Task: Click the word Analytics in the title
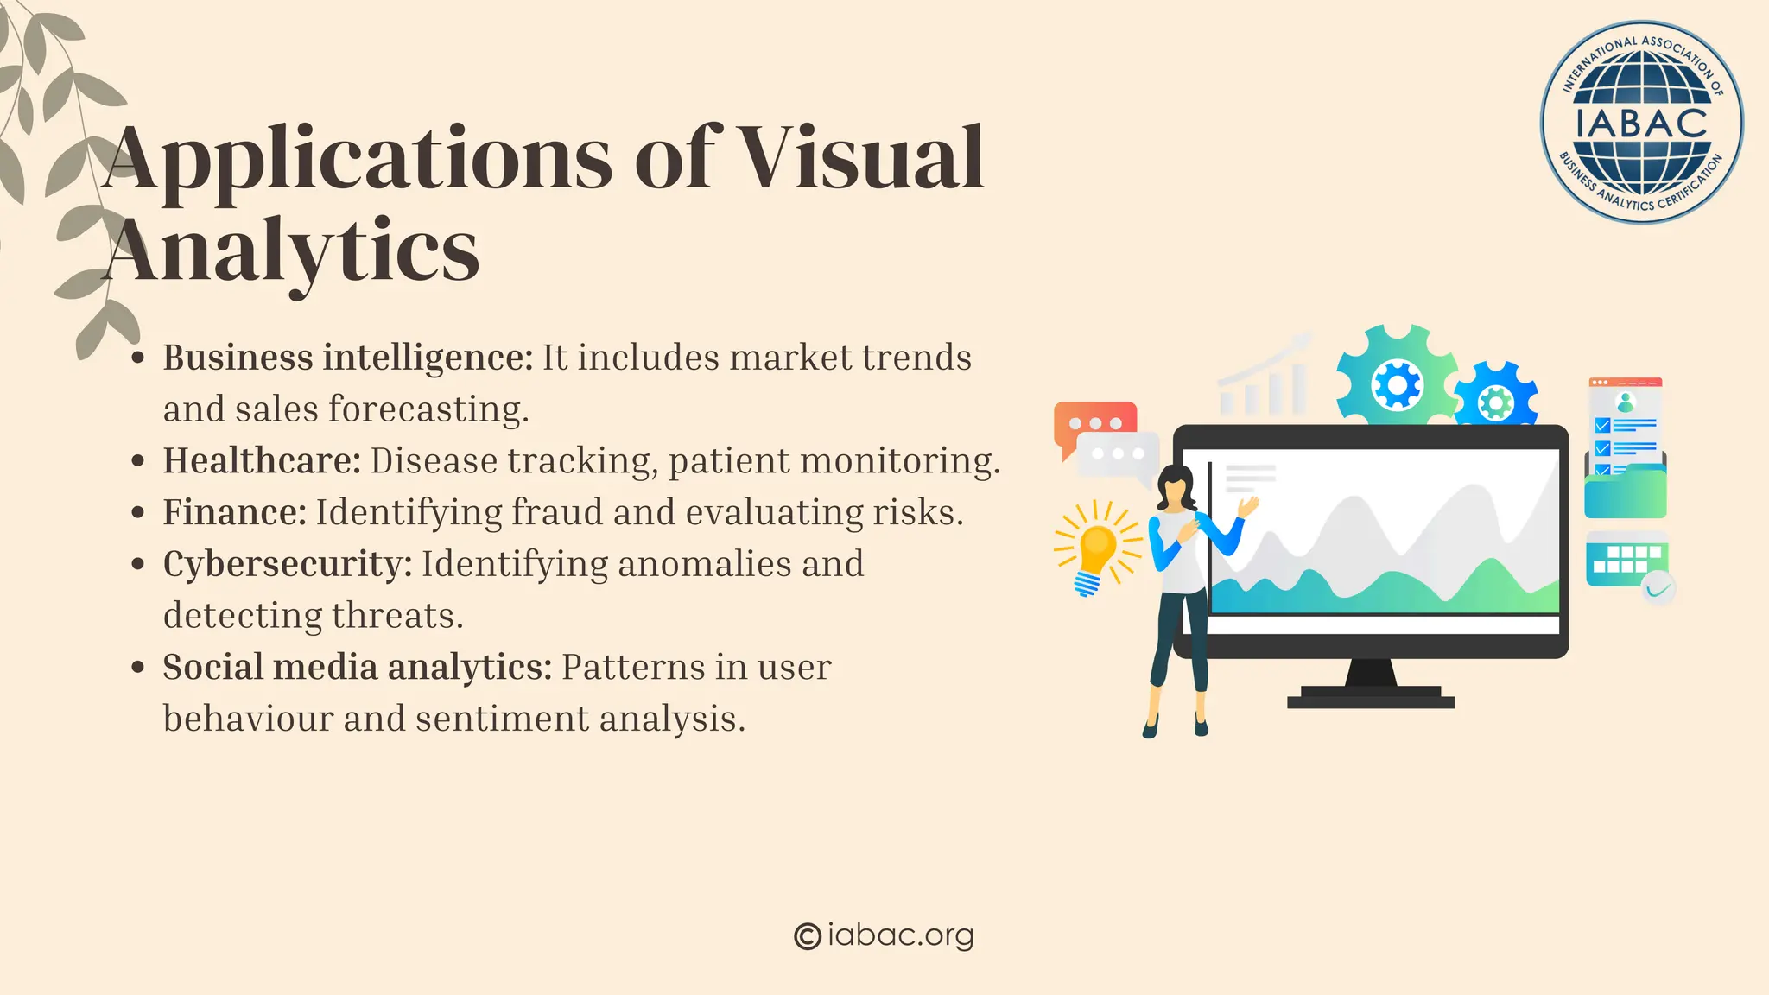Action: coord(292,250)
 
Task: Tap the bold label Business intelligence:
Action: coord(348,358)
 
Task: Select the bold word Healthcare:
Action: coord(262,460)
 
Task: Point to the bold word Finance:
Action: coord(234,512)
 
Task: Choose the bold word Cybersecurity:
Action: coord(288,564)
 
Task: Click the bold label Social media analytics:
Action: coord(357,667)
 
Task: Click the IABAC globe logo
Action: coord(1641,123)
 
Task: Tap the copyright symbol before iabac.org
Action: coord(807,936)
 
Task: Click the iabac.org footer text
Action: coord(900,935)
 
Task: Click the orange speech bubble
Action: coord(1094,422)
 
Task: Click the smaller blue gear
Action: coord(1496,401)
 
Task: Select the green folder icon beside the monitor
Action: coord(1625,493)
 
